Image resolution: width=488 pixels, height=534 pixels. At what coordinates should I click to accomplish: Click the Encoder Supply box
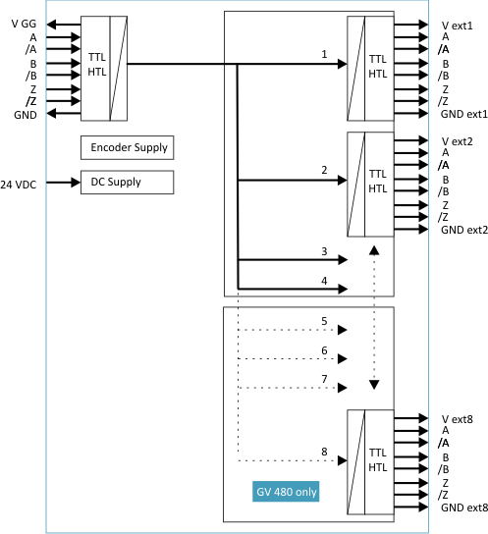pos(127,148)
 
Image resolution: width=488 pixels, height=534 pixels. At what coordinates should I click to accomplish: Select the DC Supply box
pos(127,183)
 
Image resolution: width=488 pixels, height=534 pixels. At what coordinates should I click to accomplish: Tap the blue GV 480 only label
pos(286,492)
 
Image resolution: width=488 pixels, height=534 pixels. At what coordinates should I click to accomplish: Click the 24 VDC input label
pos(18,185)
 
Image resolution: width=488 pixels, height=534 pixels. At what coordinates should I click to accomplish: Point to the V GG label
pos(24,24)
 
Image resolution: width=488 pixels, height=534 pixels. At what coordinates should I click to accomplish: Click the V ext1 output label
pos(457,26)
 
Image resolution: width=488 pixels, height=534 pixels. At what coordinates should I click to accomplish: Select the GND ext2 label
pos(464,230)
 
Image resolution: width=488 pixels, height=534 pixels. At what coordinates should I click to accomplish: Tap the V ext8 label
pos(457,419)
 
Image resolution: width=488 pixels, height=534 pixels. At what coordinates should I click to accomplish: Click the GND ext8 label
pos(464,507)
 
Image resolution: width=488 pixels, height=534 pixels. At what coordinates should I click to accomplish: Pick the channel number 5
pos(324,321)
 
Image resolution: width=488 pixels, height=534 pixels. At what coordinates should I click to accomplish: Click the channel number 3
pos(324,251)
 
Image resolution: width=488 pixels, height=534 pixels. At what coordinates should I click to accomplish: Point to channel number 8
pos(324,452)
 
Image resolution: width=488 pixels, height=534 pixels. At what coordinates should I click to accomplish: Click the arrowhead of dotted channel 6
pos(343,358)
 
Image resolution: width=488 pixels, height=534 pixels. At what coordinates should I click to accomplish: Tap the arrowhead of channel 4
pos(343,290)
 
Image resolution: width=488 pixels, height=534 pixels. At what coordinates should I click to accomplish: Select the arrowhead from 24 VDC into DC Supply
pos(76,183)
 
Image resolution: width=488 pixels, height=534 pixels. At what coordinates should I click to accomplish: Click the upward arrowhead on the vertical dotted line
pos(374,250)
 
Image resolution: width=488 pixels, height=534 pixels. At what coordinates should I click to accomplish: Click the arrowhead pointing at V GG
pos(51,25)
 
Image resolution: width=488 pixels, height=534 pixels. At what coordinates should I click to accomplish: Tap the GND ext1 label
pos(464,114)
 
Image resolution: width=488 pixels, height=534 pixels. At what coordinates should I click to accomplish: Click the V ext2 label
pos(457,141)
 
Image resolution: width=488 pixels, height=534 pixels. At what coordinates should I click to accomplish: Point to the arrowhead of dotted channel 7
pos(343,388)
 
